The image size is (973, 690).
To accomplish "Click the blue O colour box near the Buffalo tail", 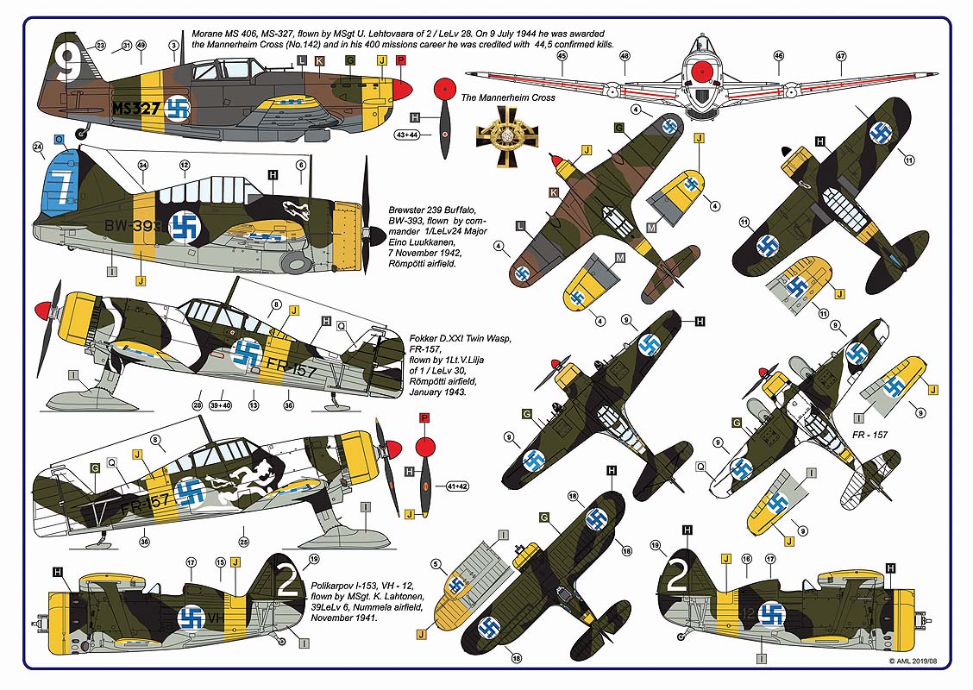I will (58, 138).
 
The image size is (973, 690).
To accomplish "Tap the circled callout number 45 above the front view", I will (562, 56).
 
